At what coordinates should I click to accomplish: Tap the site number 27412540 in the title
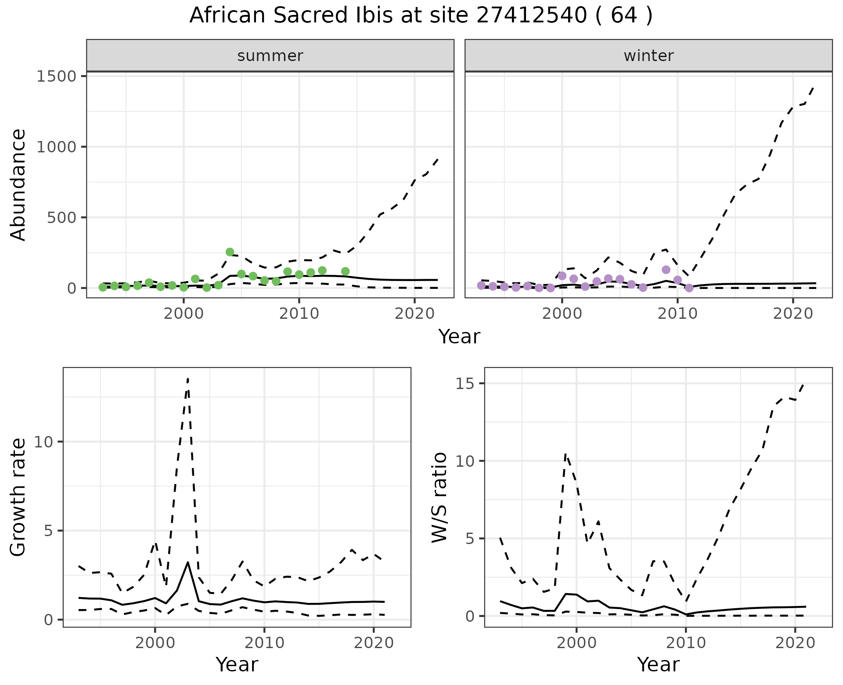(531, 16)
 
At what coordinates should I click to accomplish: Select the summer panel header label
(270, 56)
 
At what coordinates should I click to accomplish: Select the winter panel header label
(648, 56)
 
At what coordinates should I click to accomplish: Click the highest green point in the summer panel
(230, 252)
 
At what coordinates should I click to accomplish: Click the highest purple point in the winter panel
(666, 270)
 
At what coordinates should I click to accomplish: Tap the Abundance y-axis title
(18, 184)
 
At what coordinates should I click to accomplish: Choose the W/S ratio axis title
(439, 497)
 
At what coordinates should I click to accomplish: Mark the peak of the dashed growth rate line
(188, 378)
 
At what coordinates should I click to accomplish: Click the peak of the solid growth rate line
(188, 562)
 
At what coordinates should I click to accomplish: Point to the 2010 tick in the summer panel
(299, 314)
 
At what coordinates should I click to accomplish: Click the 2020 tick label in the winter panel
(793, 314)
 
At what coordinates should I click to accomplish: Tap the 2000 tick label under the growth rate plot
(155, 643)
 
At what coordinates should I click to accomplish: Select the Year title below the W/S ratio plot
(658, 665)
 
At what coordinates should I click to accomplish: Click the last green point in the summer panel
(345, 271)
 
